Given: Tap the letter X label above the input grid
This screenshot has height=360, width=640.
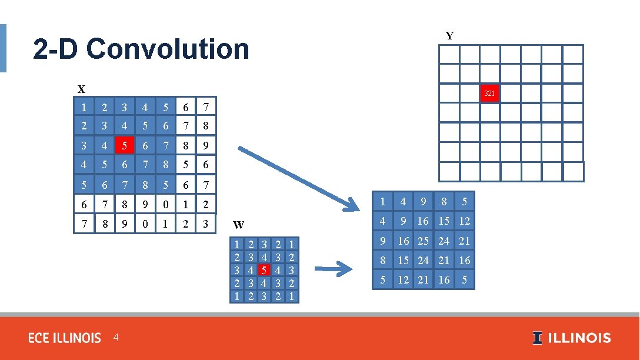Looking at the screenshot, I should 81,89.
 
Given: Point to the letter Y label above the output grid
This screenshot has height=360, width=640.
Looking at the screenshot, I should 449,36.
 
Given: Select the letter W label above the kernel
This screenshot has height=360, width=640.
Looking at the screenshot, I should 239,225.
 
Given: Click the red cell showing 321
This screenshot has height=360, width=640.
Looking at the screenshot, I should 489,94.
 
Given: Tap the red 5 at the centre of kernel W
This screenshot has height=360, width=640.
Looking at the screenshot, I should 264,271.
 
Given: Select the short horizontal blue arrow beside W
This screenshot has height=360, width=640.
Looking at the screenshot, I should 337,270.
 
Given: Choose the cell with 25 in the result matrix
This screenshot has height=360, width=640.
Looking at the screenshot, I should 423,241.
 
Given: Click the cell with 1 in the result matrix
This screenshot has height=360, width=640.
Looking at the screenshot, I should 382,202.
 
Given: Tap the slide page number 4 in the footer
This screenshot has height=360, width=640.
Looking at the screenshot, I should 116,338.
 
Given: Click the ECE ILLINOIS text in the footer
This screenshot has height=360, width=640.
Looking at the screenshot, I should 65,338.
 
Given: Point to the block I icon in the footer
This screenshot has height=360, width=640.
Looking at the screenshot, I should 538,338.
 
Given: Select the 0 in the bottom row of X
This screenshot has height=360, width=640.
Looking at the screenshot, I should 145,224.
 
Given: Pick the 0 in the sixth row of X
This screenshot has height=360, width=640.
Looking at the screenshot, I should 165,204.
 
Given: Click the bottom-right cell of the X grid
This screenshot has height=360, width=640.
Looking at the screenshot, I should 206,224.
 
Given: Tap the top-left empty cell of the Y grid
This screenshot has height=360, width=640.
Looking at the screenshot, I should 449,54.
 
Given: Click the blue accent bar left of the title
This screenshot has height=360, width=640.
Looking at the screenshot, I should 3,48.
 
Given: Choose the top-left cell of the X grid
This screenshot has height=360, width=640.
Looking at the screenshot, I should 84,107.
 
